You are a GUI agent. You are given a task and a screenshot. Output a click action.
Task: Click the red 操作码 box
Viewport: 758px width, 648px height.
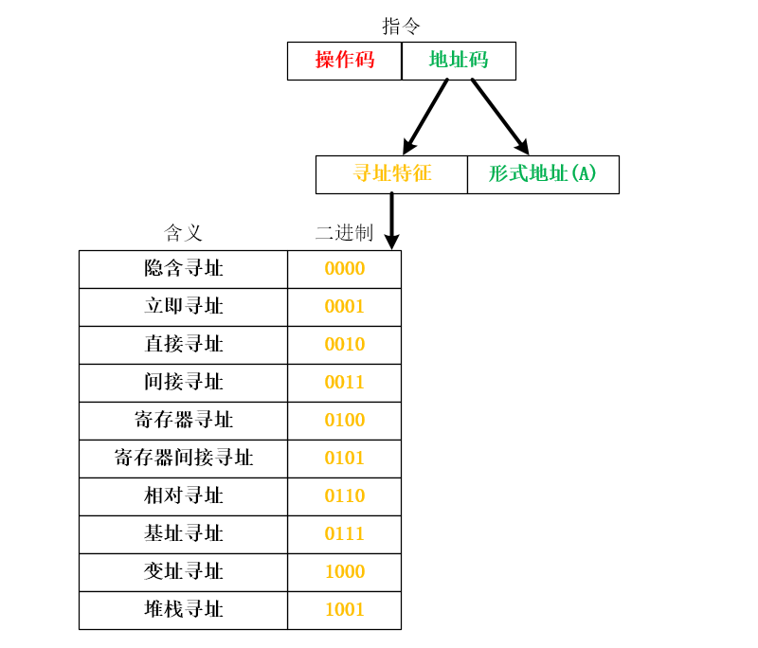click(x=345, y=61)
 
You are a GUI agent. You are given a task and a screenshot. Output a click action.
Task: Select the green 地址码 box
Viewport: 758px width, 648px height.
click(x=459, y=61)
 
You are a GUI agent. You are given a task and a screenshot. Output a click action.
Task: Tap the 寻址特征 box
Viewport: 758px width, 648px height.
click(x=391, y=174)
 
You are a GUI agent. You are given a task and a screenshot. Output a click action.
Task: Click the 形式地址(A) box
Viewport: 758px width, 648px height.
click(x=543, y=174)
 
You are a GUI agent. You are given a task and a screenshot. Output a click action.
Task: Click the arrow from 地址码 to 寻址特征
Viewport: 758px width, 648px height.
click(x=425, y=117)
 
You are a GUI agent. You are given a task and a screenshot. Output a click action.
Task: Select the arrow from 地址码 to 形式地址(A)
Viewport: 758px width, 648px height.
click(x=499, y=116)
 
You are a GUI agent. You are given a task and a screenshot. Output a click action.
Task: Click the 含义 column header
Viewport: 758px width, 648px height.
click(x=183, y=233)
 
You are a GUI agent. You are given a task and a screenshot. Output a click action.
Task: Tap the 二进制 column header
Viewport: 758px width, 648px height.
click(x=344, y=233)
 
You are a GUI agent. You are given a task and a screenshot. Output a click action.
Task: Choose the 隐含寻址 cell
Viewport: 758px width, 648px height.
click(x=183, y=269)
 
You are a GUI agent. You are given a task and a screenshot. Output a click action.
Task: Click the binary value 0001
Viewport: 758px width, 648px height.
click(x=344, y=307)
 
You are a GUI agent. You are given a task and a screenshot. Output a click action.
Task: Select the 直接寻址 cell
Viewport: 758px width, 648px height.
click(x=183, y=345)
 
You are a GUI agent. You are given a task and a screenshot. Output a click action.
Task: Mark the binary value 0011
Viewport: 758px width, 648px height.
click(x=344, y=383)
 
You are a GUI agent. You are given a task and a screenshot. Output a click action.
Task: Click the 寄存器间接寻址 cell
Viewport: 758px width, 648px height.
click(x=183, y=459)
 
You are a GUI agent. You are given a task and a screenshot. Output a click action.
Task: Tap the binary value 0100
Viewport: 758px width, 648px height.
click(x=344, y=421)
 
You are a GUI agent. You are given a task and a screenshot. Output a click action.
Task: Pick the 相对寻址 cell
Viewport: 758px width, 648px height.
click(x=183, y=496)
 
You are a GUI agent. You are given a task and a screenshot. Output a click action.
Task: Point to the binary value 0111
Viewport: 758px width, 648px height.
click(x=344, y=534)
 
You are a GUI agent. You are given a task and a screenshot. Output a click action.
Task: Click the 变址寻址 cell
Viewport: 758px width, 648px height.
click(x=183, y=572)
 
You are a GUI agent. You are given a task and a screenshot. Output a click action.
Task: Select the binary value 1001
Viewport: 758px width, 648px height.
click(x=344, y=610)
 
